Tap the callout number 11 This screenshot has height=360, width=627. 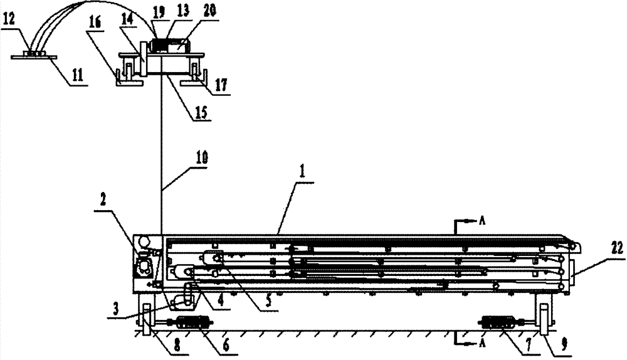(78, 76)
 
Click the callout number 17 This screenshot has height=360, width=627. (221, 85)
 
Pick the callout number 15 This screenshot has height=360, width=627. (201, 112)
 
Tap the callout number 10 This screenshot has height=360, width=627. (201, 159)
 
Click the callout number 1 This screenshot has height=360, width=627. (303, 172)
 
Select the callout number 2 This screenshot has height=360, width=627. (103, 201)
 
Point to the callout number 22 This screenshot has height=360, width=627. (617, 249)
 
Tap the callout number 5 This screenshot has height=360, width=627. (269, 301)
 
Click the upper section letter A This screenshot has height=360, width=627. (482, 221)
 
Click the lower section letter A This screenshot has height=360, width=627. (482, 343)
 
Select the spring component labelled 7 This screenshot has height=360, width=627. (498, 322)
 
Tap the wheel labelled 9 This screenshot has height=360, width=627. (544, 319)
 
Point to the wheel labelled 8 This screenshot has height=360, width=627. (147, 319)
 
